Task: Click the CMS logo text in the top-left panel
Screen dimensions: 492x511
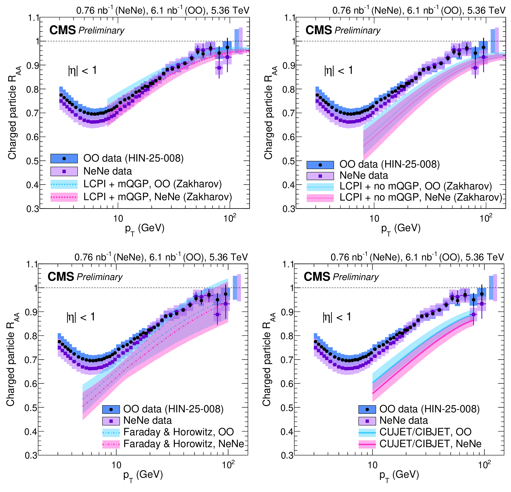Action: tap(63, 30)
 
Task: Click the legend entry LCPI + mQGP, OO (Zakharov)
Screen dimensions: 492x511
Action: tap(152, 184)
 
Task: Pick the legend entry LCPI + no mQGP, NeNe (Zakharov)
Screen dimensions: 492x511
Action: tap(420, 197)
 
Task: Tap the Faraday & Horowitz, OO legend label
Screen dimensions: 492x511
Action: tap(178, 432)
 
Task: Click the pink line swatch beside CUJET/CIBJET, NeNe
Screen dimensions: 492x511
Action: tap(367, 444)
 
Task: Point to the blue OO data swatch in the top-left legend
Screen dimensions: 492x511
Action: tap(64, 158)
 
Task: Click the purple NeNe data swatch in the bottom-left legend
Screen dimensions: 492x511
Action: tap(111, 421)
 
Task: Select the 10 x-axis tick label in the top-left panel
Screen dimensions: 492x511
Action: tap(118, 218)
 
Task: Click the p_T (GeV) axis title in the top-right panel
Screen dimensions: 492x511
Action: tap(401, 228)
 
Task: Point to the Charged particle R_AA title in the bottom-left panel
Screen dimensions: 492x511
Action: tap(12, 359)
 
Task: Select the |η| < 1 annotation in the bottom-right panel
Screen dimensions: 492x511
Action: tap(337, 317)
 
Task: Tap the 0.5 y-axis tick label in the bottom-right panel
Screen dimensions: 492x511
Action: tap(287, 407)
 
